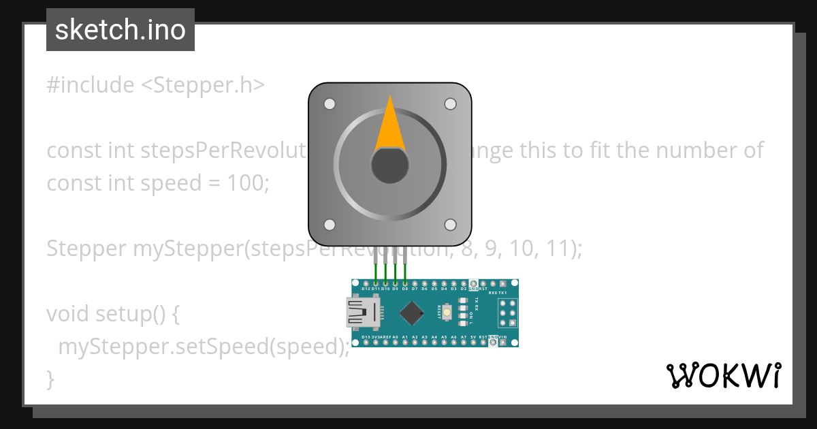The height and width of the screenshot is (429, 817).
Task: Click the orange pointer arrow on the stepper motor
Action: (x=390, y=126)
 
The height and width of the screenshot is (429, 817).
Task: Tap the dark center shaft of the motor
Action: (x=389, y=165)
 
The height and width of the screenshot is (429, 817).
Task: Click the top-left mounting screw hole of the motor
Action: (x=330, y=104)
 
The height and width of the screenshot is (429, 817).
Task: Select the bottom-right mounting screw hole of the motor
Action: (x=450, y=225)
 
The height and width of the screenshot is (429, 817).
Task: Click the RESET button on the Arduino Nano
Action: (x=447, y=313)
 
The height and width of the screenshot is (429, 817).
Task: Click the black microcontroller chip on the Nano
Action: (x=411, y=313)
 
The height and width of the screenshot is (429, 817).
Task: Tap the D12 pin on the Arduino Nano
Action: (x=366, y=283)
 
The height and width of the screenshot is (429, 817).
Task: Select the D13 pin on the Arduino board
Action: (x=366, y=343)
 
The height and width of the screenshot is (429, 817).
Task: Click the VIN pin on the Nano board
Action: (x=502, y=343)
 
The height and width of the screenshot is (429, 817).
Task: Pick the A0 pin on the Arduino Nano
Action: (x=396, y=343)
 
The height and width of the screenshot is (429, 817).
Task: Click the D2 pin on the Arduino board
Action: (x=464, y=283)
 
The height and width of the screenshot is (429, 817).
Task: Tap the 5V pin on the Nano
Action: (x=473, y=343)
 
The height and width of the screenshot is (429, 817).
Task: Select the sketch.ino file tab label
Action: (x=121, y=30)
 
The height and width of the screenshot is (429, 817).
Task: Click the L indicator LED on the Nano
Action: (x=464, y=323)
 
